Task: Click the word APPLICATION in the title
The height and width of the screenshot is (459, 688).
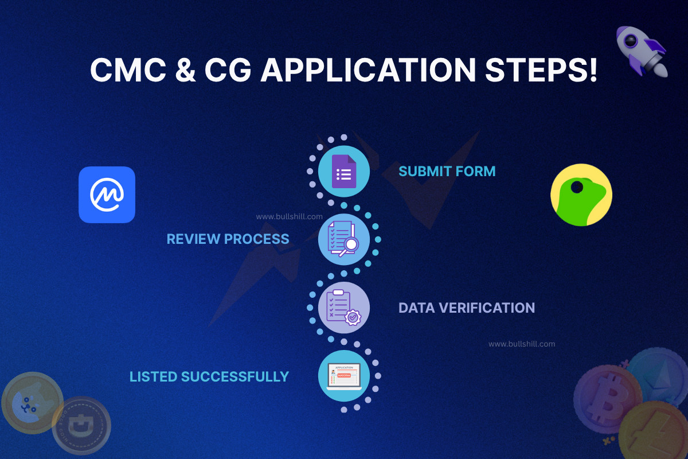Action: pos(368,71)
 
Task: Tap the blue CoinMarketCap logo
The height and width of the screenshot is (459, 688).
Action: pos(107,195)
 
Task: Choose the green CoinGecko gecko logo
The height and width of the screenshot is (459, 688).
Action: pos(581,195)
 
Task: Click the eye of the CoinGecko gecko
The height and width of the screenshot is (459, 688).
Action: pos(577,187)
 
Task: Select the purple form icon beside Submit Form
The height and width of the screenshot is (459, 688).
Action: pos(344,172)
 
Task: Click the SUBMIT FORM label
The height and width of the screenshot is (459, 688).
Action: pos(447,171)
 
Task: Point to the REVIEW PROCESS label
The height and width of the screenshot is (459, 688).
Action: pos(228,239)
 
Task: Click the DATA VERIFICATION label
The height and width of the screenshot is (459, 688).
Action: pos(466,308)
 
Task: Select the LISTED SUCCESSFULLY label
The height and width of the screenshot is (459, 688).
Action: pos(209,376)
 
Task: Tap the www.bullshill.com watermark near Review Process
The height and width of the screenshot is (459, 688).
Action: pos(282,217)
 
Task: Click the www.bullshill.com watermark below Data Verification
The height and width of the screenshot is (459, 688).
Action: pos(522,344)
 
